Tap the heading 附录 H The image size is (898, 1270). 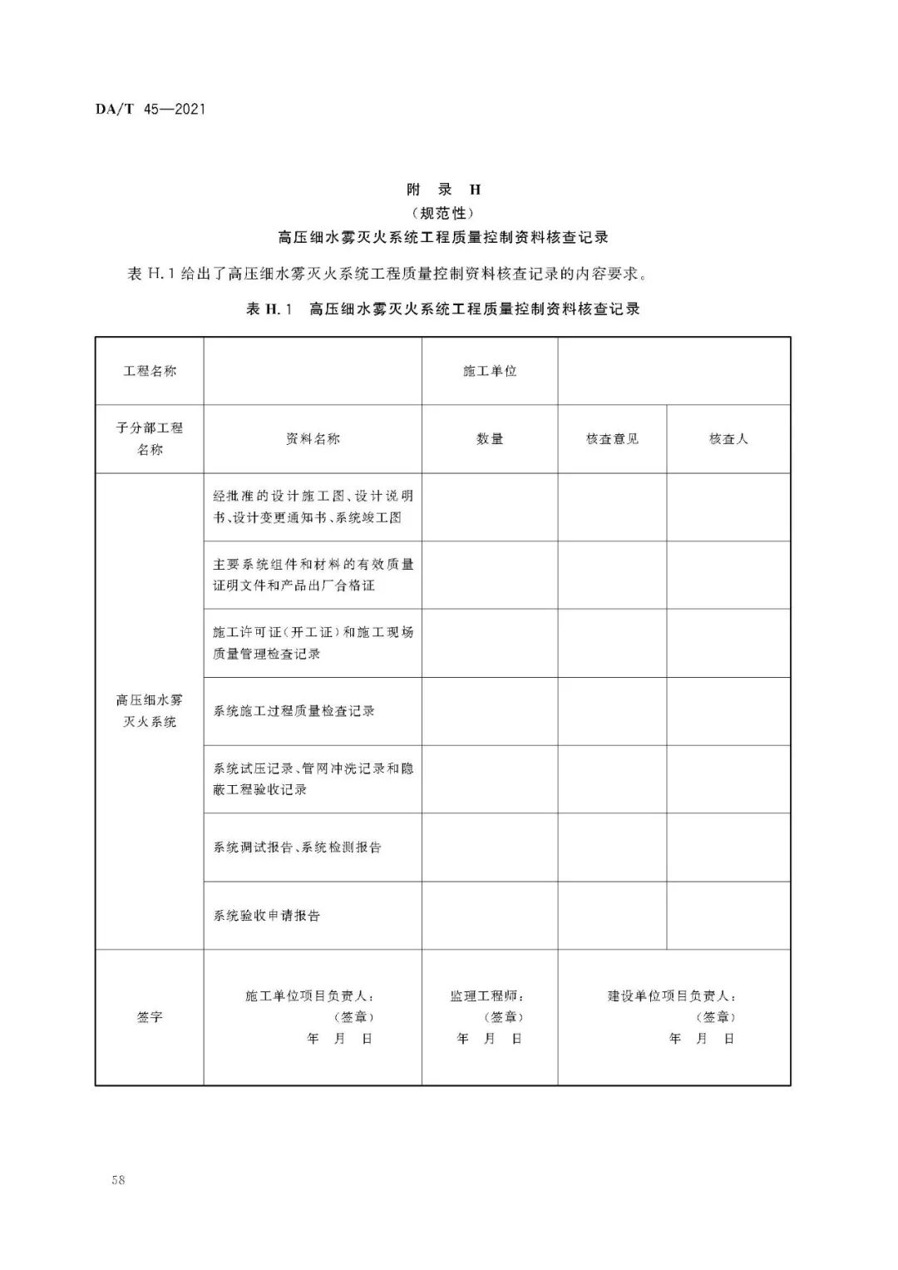point(443,190)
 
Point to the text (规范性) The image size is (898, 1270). point(443,213)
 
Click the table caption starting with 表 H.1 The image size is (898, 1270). point(443,309)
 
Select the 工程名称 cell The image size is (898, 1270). point(150,372)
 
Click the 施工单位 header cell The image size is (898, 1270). point(490,372)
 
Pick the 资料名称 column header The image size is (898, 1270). point(313,439)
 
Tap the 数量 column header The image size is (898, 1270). point(490,439)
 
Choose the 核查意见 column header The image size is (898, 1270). point(612,439)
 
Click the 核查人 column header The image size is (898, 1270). point(728,439)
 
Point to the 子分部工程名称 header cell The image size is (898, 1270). point(150,439)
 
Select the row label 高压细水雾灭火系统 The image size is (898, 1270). point(150,711)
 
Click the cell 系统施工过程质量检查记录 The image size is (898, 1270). point(294,711)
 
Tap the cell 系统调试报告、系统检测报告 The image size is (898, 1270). point(298,847)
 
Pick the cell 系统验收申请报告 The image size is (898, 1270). point(267,916)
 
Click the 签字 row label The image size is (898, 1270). point(150,1017)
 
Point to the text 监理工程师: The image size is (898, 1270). point(488,996)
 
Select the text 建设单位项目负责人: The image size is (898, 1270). point(671,996)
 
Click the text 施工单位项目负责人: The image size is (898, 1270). point(309,996)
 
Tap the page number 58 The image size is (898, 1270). point(117,1180)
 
